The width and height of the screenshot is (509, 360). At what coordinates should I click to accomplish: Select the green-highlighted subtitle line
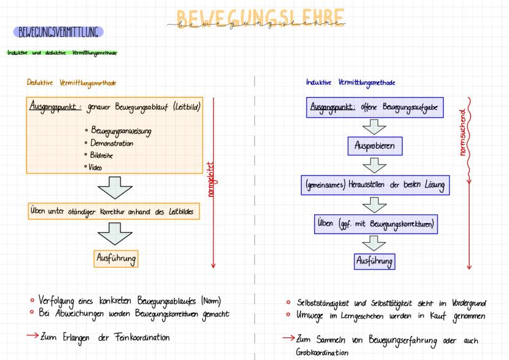[61, 52]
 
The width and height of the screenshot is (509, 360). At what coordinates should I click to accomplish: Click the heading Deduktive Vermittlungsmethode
[71, 82]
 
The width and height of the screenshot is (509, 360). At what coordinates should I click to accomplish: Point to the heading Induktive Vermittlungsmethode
[350, 82]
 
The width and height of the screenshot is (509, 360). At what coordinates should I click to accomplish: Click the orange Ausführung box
[116, 259]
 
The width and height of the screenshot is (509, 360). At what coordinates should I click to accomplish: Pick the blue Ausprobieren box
[374, 148]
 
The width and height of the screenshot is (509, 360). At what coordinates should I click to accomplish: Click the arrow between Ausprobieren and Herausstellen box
[374, 166]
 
